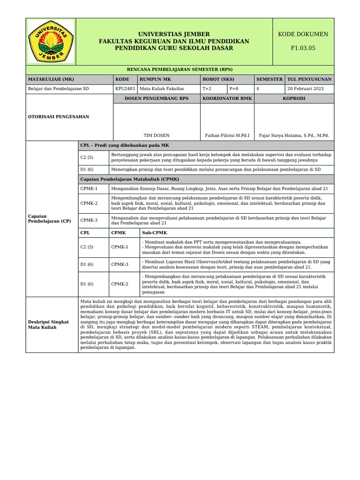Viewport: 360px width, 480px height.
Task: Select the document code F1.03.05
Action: tap(303, 48)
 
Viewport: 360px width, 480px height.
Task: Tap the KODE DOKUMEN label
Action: tap(303, 34)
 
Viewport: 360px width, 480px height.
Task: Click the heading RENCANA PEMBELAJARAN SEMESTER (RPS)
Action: tap(180, 69)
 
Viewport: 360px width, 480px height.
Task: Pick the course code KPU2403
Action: tap(125, 89)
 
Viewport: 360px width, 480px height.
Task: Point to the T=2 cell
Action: tap(207, 89)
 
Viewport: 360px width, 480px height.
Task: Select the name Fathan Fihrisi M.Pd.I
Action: tap(227, 135)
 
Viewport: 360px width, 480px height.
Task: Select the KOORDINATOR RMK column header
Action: tap(227, 98)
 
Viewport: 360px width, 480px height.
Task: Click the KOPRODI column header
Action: tap(294, 98)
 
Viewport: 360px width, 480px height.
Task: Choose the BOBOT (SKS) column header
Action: tap(218, 79)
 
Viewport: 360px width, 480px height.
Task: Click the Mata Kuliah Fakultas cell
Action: tap(162, 89)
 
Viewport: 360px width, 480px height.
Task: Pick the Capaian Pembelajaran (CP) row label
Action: tap(50, 218)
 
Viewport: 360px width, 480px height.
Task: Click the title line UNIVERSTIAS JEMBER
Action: tap(174, 34)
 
